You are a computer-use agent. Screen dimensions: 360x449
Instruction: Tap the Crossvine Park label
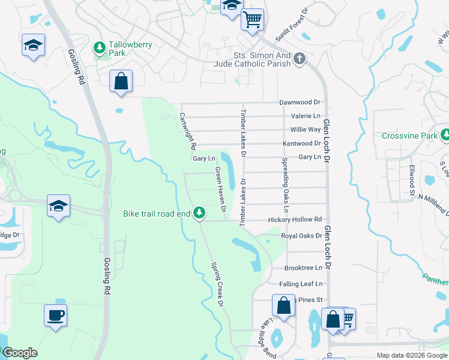pyautogui.click(x=410, y=136)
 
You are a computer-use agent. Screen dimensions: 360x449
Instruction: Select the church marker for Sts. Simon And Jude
pyautogui.click(x=300, y=59)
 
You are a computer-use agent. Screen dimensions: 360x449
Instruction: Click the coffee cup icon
pyautogui.click(x=55, y=314)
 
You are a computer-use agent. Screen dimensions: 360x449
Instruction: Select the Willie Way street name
pyautogui.click(x=306, y=130)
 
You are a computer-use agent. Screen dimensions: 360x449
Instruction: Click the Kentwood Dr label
pyautogui.click(x=302, y=143)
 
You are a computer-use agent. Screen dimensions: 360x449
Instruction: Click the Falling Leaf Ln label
pyautogui.click(x=301, y=284)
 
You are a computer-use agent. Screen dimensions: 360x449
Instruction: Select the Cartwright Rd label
pyautogui.click(x=187, y=131)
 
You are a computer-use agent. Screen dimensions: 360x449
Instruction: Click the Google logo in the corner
pyautogui.click(x=20, y=353)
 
